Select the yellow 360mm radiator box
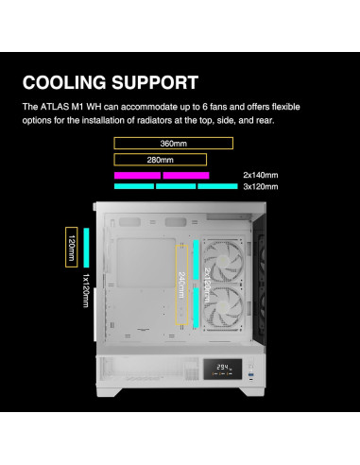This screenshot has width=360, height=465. click(x=173, y=144)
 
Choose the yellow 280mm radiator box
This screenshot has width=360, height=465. click(x=161, y=159)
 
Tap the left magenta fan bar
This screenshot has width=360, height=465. click(x=136, y=175)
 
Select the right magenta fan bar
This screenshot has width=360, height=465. click(x=185, y=175)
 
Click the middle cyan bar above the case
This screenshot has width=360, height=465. click(x=175, y=186)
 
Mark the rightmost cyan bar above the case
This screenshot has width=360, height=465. click(x=216, y=186)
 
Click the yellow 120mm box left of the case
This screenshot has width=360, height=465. click(x=70, y=249)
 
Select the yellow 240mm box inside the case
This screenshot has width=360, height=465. click(x=180, y=281)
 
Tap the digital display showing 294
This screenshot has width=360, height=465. click(x=223, y=368)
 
